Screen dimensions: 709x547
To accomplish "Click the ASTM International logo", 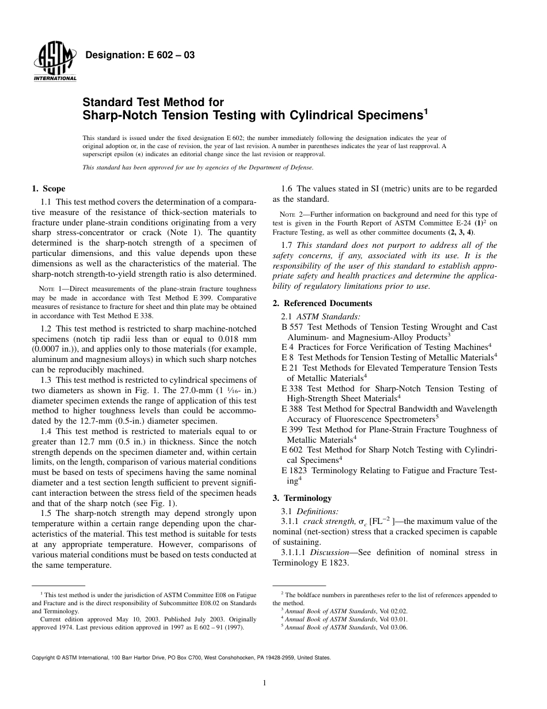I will [55, 61].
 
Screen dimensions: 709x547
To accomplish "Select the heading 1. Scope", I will [48, 188].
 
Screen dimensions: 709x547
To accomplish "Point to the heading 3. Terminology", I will [302, 498].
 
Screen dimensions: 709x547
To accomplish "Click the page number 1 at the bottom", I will [264, 683].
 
